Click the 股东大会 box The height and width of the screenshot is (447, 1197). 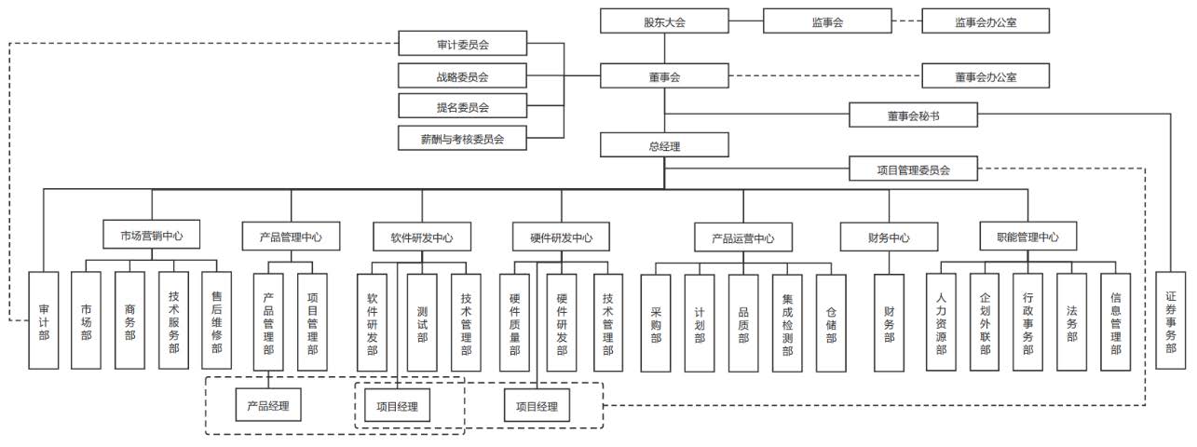coord(663,21)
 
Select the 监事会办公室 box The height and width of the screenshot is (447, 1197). coord(985,21)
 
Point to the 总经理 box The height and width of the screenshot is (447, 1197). coord(663,145)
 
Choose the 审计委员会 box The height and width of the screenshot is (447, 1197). coord(462,44)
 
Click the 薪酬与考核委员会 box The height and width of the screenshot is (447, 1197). coord(462,139)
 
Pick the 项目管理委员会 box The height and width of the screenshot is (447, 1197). coord(913,169)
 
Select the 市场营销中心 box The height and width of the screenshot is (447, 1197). coord(152,237)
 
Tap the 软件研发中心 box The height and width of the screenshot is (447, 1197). coord(421,237)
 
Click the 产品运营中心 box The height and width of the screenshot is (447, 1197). coord(743,237)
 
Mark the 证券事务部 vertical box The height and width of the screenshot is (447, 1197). coord(1170,322)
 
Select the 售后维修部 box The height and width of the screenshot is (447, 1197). coord(216,322)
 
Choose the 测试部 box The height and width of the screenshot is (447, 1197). coord(421,322)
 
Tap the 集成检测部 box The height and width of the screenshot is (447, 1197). coord(787,322)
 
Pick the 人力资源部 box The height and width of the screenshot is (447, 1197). coord(941,322)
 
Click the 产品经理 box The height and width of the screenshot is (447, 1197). coord(268,406)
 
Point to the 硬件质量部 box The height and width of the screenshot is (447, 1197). coord(514,322)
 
